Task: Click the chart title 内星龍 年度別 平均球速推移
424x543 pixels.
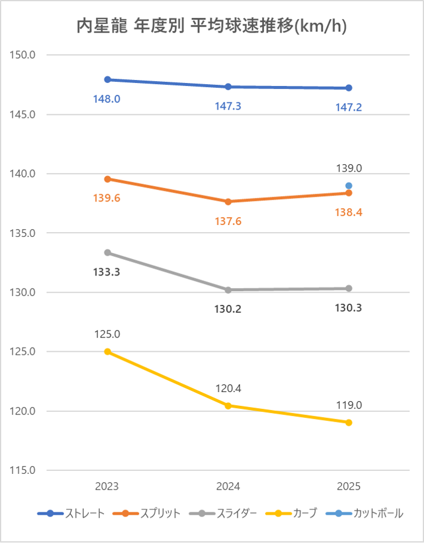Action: pos(212,27)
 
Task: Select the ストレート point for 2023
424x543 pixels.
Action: pos(108,79)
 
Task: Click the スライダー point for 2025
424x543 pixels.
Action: pos(349,289)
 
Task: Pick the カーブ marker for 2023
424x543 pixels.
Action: pos(108,352)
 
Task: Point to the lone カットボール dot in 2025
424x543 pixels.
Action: pos(349,186)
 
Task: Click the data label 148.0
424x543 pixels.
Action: pos(106,98)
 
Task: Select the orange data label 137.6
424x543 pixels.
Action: pos(228,221)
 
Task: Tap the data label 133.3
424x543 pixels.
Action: pos(106,272)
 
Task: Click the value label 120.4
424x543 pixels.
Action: pos(228,388)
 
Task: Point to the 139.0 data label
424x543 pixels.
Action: pos(349,169)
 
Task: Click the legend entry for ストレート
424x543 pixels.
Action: pos(84,514)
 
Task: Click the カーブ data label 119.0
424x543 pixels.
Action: pos(349,405)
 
